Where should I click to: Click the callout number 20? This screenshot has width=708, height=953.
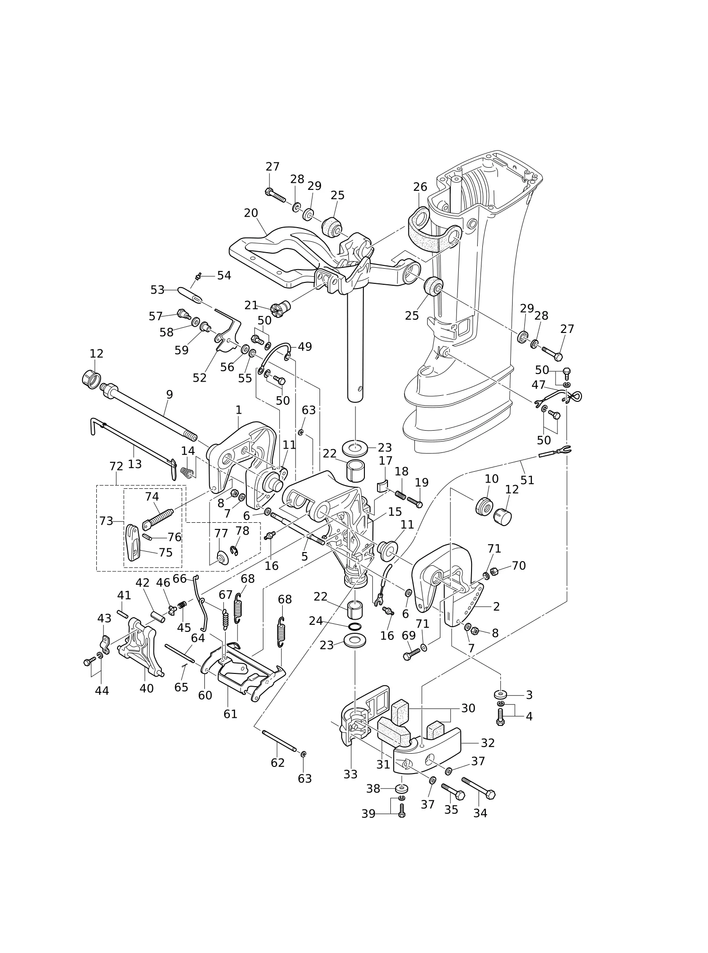(251, 213)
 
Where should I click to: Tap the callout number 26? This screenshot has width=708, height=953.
(420, 187)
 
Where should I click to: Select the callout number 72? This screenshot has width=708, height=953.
(116, 466)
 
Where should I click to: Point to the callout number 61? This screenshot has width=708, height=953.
(230, 714)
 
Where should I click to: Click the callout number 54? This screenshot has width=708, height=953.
(224, 275)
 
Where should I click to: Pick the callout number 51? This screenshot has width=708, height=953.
(527, 480)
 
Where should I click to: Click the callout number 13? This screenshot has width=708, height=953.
(135, 464)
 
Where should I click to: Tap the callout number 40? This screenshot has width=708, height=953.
(146, 689)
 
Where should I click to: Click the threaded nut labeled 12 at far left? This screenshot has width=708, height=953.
(92, 378)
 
